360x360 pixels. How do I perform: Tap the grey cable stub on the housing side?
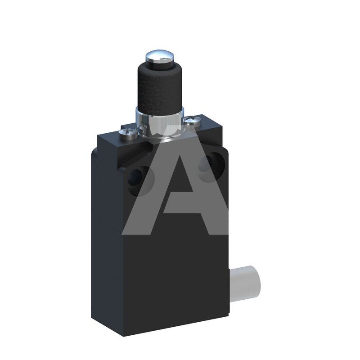coord(245,284)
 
